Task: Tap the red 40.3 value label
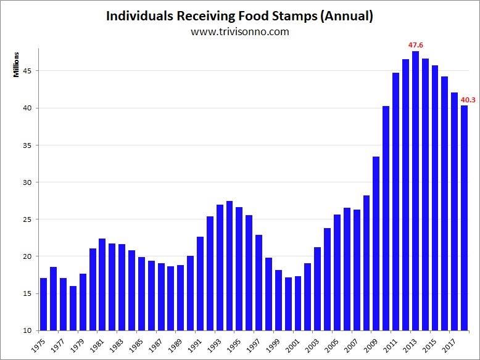point(468,99)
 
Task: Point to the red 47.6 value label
point(415,45)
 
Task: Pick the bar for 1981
point(102,284)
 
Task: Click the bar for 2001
point(297,303)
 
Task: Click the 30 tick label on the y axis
point(27,182)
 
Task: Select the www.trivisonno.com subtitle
point(239,32)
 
